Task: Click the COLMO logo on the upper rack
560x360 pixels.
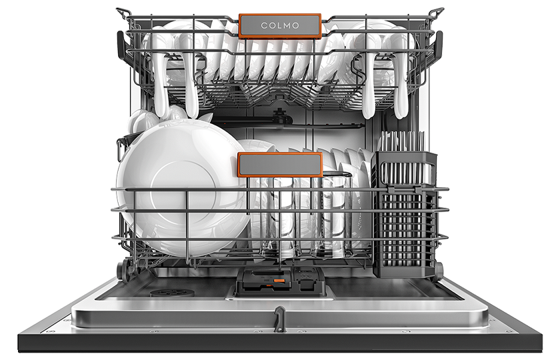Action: (x=280, y=26)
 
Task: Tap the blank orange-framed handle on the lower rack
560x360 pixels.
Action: (x=280, y=165)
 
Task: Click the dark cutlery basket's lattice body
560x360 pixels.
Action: (x=405, y=231)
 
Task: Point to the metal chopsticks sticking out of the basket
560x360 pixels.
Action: (x=403, y=142)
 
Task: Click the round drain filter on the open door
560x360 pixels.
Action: (x=172, y=293)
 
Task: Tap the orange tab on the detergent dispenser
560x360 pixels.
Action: (x=279, y=281)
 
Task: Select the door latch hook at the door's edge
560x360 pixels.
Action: (x=279, y=319)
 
